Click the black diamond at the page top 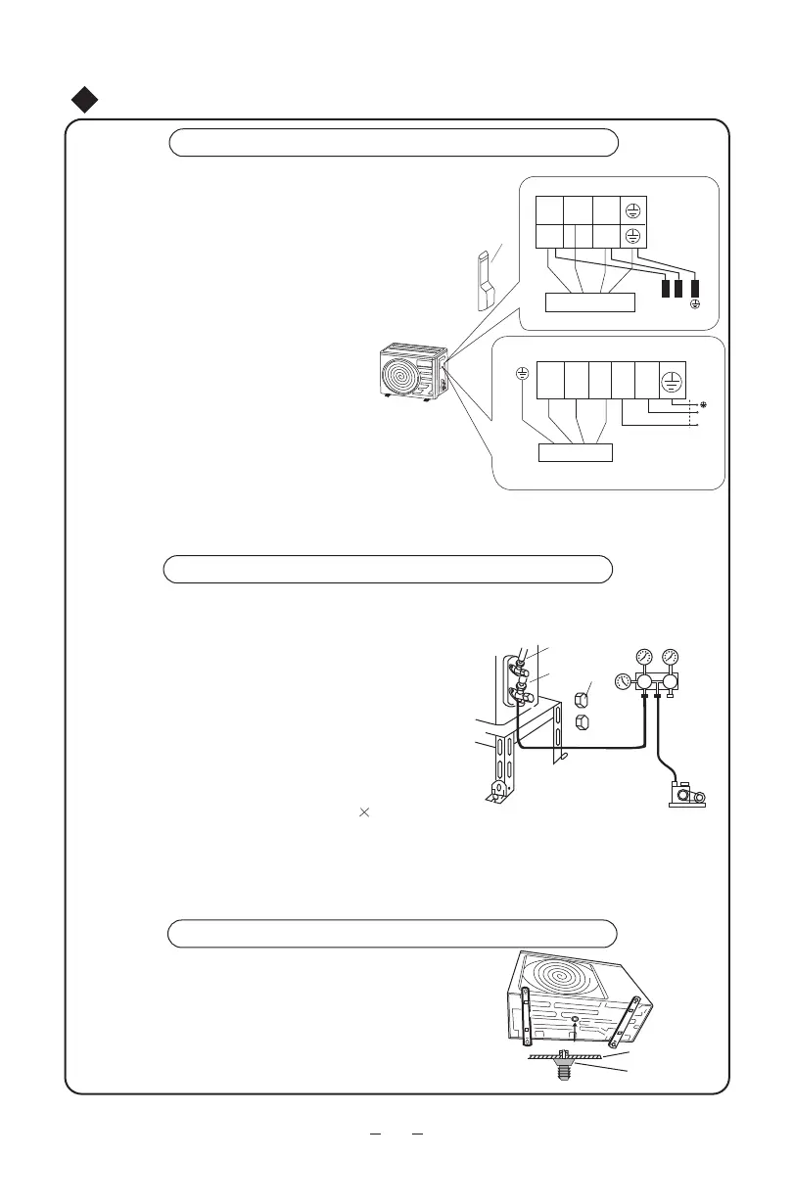87,99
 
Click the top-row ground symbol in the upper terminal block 632,209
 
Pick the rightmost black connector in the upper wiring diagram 696,289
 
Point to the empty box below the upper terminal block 590,301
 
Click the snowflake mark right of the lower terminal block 701,403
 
